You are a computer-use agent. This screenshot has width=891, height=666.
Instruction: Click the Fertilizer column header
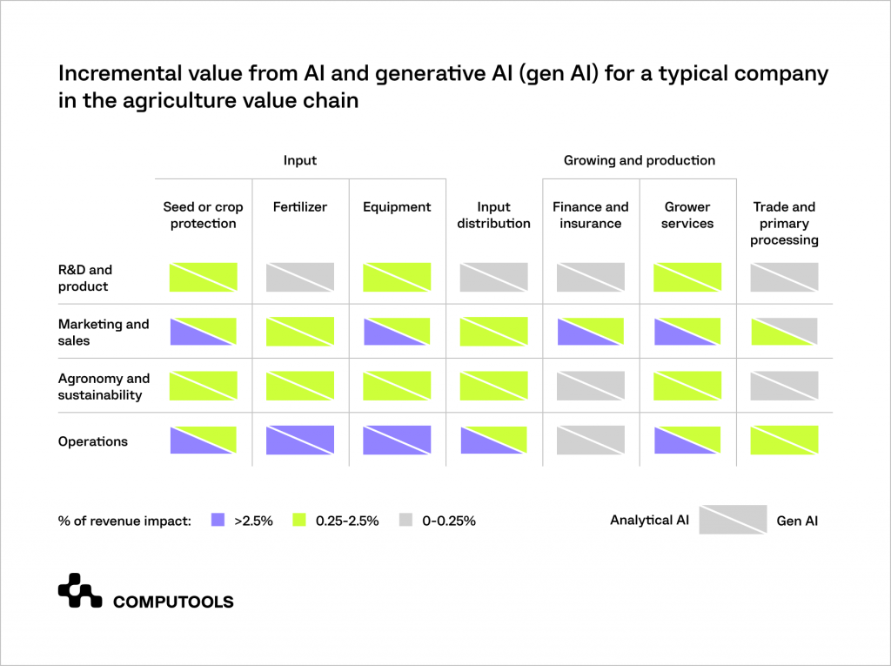pos(300,207)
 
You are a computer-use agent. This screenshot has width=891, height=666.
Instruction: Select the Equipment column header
pos(397,207)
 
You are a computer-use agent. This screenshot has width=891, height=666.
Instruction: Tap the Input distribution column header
pos(493,215)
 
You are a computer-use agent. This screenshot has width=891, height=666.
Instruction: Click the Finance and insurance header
pos(590,215)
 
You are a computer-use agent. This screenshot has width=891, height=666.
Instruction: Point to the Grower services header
pos(687,215)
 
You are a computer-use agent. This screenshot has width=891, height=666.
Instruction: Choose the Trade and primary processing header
pos(784,223)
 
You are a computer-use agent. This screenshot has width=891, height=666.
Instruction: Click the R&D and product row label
pos(85,278)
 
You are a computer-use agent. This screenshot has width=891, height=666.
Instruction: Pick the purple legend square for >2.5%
pos(218,521)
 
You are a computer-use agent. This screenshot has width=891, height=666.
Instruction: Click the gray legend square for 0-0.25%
pos(405,521)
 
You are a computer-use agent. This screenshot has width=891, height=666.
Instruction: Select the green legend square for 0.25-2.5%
pos(298,521)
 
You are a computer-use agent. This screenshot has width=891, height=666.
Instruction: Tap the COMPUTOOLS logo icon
pos(80,590)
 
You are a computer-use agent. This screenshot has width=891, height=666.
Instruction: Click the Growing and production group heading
pos(639,160)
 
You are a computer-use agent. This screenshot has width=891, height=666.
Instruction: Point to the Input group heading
pos(300,160)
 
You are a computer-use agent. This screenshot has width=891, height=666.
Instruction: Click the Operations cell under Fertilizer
pos(300,440)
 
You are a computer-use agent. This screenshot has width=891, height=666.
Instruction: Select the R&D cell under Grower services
pos(687,277)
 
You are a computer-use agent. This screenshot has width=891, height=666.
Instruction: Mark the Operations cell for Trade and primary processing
pos(784,440)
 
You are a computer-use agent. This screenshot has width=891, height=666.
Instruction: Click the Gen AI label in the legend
pos(797,521)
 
